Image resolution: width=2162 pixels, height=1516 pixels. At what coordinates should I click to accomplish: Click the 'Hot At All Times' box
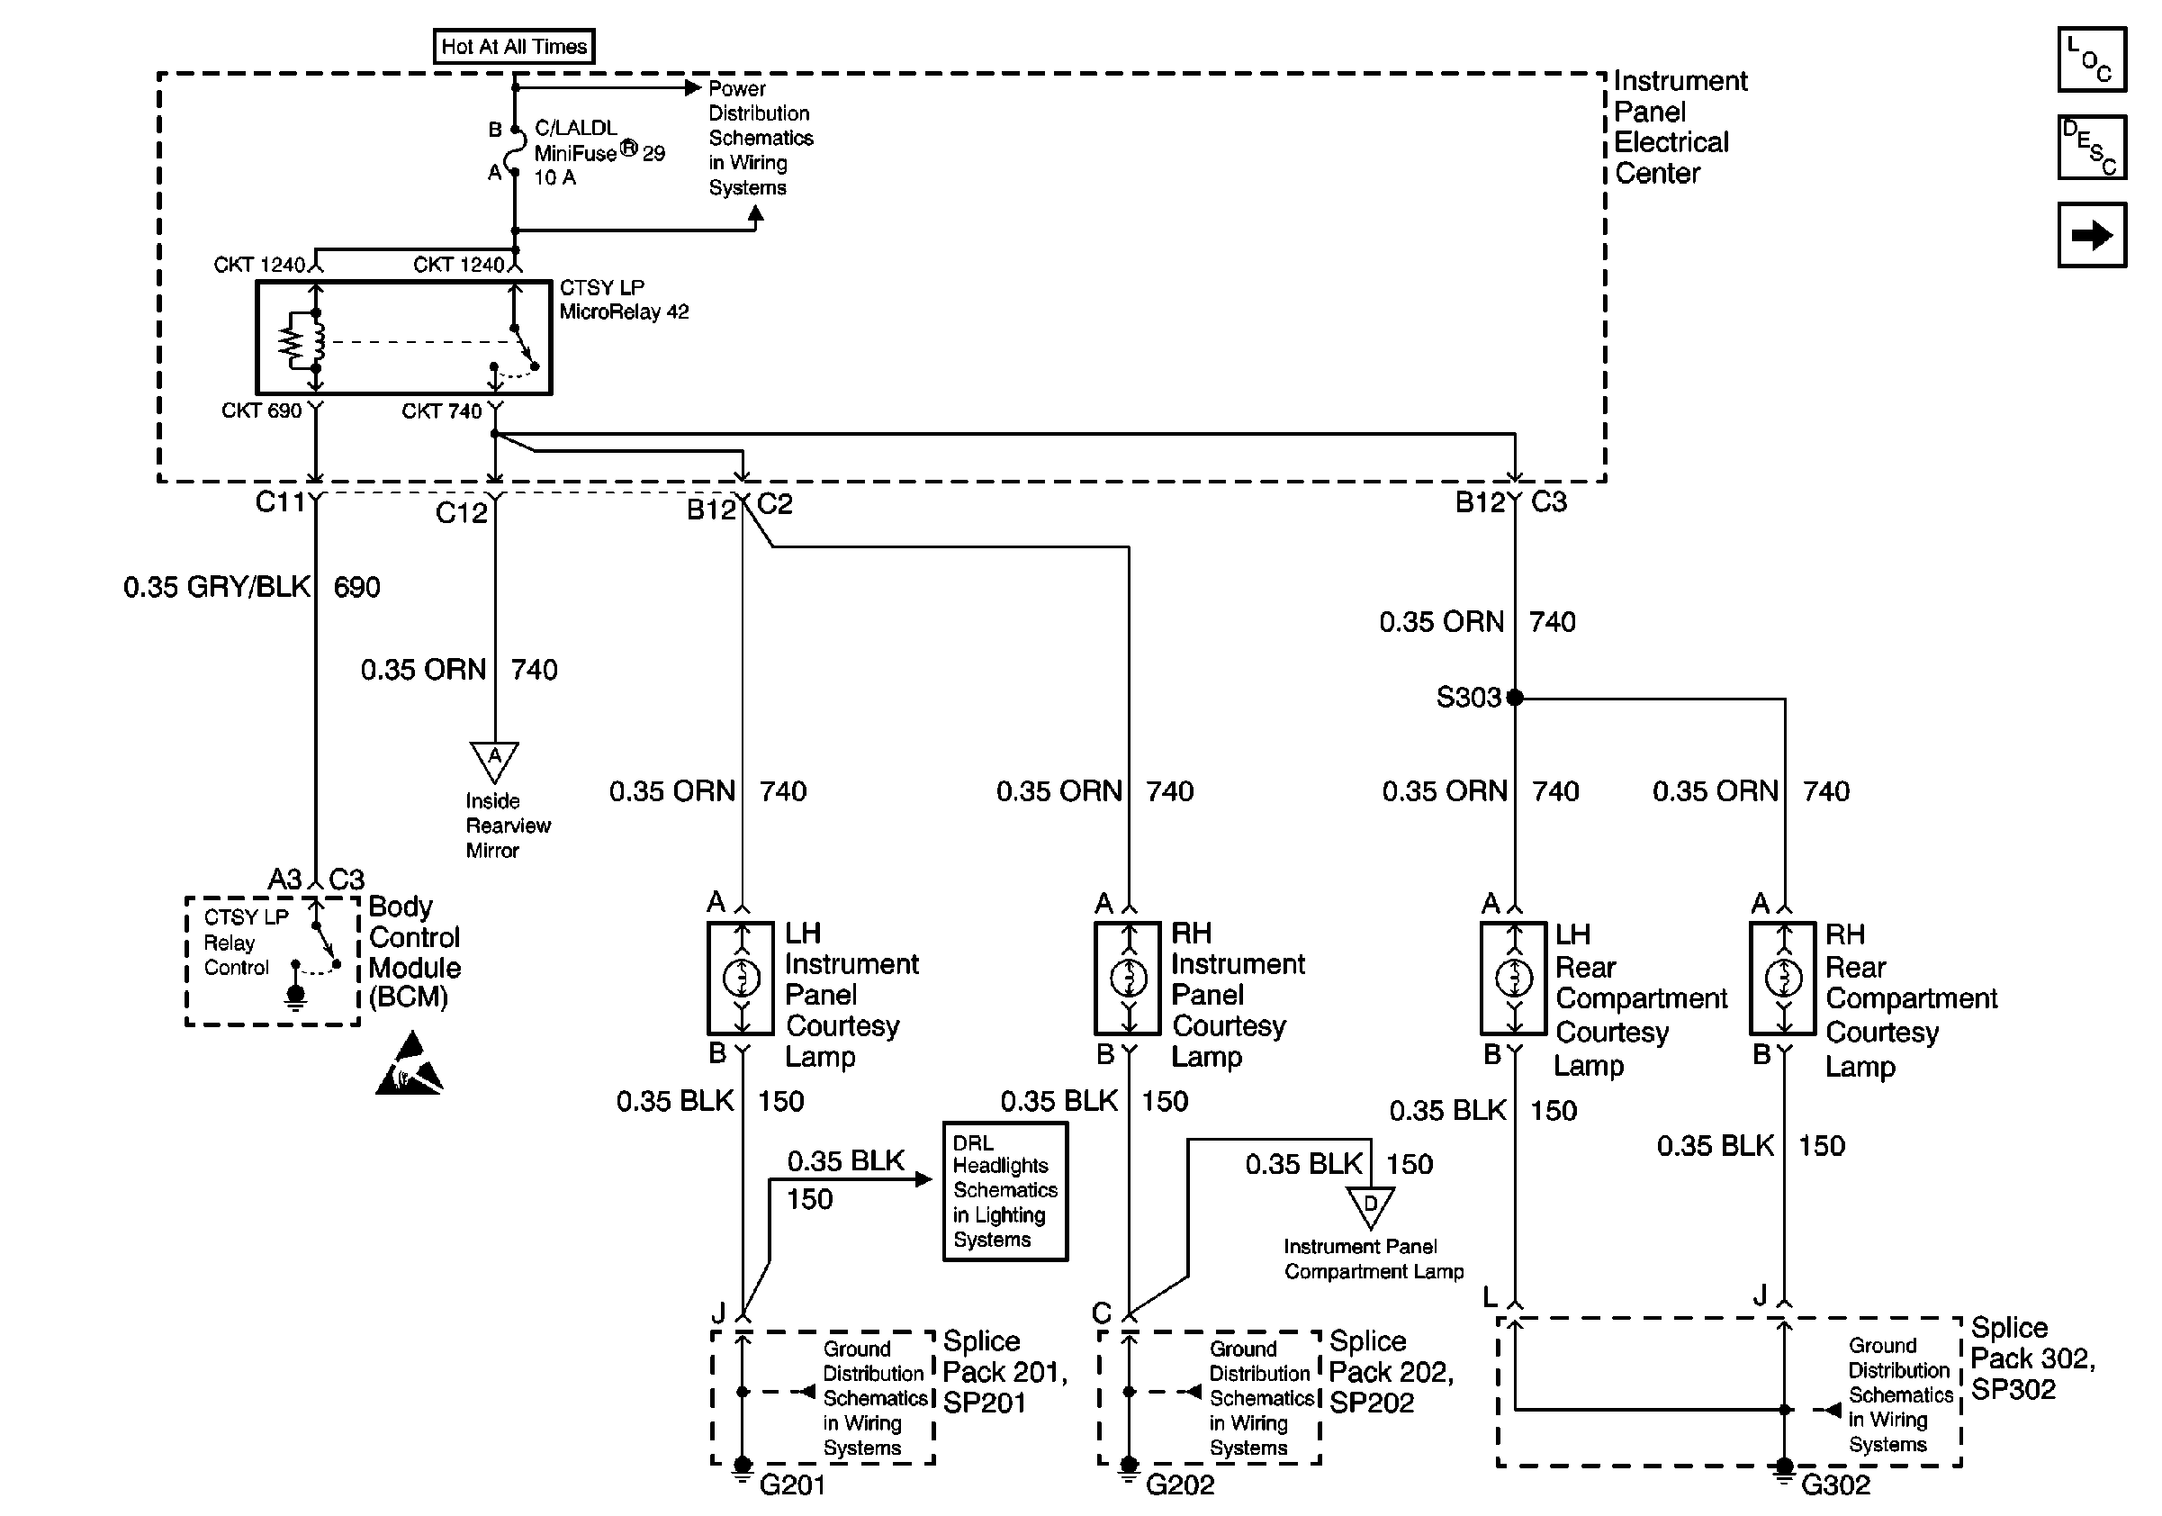(513, 46)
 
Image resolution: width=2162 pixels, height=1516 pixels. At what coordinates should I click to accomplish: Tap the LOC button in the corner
(2092, 60)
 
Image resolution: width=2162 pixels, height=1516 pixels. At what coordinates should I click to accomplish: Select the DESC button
(2092, 147)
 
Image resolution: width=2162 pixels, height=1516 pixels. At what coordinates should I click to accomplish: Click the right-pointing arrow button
(2092, 234)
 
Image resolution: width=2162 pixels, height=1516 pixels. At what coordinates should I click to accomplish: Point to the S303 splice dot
(1514, 698)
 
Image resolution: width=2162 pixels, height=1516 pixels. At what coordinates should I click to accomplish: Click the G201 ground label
(792, 1484)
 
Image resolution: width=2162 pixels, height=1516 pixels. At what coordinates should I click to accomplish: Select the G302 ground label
(1835, 1484)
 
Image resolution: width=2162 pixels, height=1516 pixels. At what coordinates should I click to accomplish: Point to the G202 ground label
(1180, 1484)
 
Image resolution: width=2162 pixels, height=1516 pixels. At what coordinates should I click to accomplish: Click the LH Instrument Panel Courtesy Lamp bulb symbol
(741, 979)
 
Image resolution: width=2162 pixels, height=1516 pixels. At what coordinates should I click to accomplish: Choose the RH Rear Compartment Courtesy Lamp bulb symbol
(1782, 979)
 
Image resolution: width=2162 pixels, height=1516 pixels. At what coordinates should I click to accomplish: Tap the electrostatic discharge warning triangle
(410, 1065)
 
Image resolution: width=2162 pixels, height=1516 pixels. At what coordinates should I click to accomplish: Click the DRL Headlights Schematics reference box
(1004, 1191)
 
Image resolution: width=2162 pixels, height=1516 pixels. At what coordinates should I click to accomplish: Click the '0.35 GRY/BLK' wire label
(217, 588)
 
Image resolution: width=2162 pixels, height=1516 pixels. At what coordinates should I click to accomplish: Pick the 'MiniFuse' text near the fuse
(576, 152)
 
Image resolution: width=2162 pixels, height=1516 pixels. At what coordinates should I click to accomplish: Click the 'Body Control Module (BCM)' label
(413, 952)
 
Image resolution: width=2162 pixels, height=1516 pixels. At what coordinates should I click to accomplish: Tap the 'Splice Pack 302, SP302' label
(2031, 1358)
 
